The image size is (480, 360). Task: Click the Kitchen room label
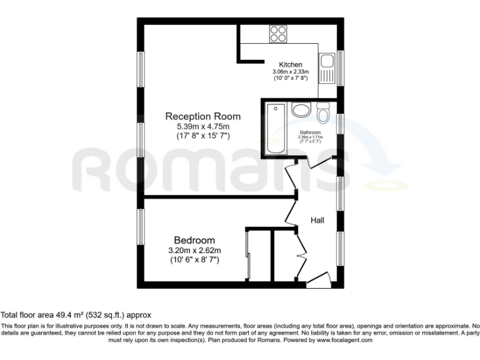click(291, 65)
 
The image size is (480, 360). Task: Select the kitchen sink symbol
click(327, 69)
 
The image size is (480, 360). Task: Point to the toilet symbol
click(323, 114)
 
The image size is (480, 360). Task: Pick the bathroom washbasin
click(301, 111)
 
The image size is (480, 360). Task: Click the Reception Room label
click(202, 116)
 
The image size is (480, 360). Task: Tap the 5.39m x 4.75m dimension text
click(202, 126)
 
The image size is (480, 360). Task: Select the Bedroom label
click(194, 241)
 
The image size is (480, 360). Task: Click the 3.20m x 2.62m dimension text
click(194, 251)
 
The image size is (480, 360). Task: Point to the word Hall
click(317, 220)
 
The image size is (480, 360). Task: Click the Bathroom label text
click(311, 132)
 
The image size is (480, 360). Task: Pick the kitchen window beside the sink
click(341, 68)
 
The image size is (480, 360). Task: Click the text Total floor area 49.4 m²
click(76, 316)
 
